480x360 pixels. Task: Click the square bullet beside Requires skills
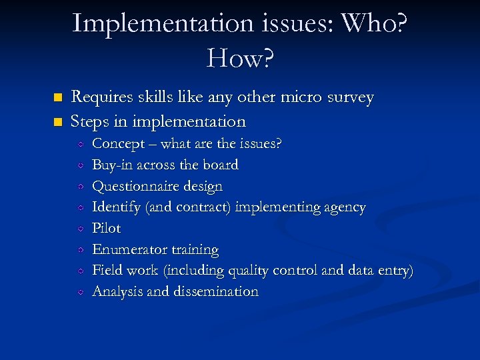57,98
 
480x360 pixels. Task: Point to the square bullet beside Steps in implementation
57,122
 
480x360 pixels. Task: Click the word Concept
117,144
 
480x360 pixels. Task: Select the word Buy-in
112,165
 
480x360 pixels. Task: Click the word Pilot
106,228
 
